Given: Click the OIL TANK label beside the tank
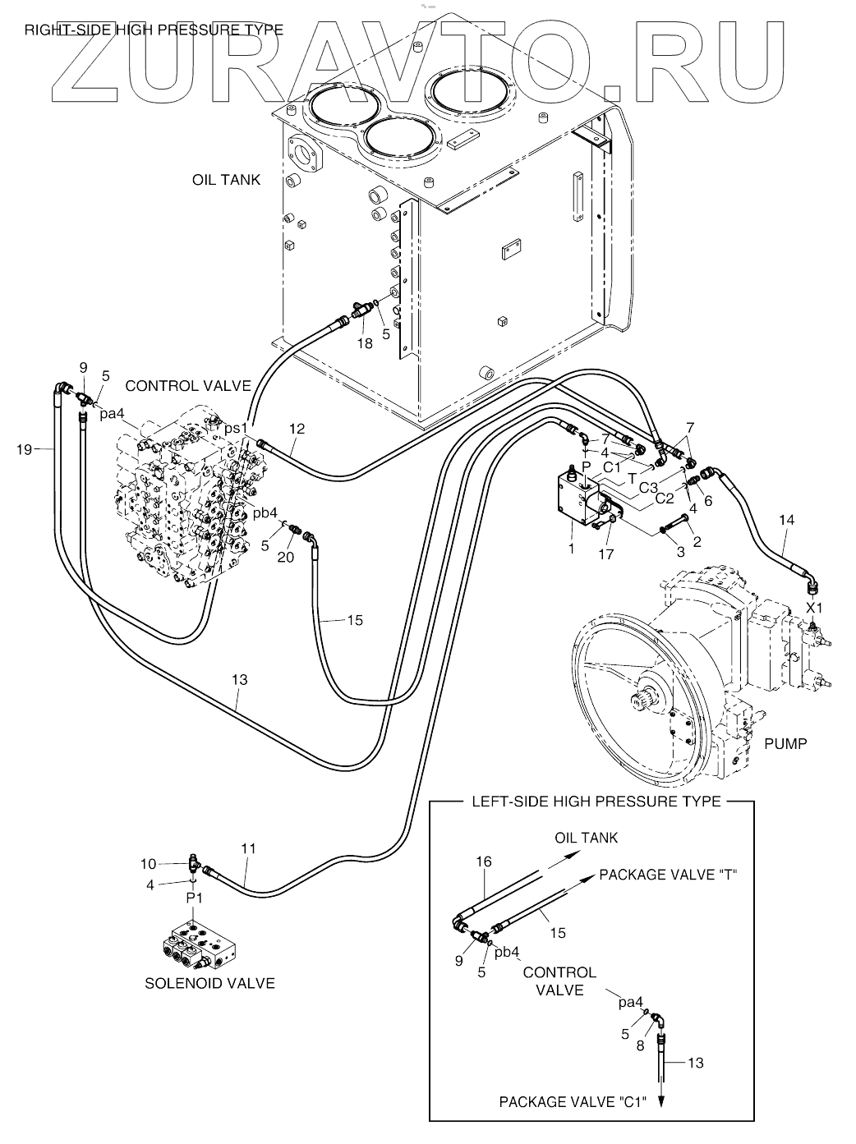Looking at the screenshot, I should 226,180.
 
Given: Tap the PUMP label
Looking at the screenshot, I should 785,744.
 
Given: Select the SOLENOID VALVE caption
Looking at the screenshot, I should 209,983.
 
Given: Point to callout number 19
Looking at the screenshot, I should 25,448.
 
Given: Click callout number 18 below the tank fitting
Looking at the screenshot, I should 364,343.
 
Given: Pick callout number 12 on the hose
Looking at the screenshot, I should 297,428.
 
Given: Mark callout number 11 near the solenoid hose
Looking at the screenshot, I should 248,847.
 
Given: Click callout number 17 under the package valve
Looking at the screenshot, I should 606,554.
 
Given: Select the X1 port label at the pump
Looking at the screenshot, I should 813,609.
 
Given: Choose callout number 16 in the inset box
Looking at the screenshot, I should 484,861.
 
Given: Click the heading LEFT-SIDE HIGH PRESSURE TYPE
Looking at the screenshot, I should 596,801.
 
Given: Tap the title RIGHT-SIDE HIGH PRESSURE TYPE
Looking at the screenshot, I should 154,30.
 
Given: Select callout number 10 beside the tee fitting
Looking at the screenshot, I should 148,863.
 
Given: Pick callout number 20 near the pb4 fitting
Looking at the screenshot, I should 285,558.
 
